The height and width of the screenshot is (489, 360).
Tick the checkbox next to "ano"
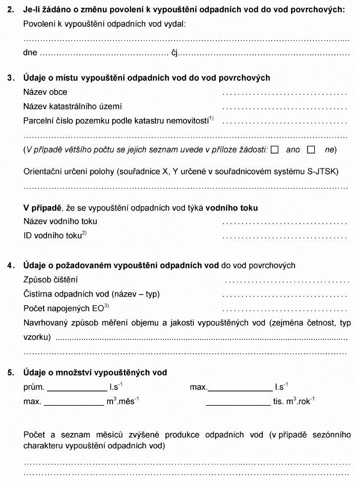coord(275,150)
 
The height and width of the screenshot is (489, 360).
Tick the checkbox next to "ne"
coord(311,150)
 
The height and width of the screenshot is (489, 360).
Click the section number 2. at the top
coord(10,10)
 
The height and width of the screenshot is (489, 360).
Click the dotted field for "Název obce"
coord(285,93)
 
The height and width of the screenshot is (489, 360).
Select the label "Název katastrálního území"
coord(72,107)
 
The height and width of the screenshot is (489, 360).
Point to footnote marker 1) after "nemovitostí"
coord(211,118)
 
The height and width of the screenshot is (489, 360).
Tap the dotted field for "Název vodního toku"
coord(285,222)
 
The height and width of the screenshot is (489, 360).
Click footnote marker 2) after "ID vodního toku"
coord(84,233)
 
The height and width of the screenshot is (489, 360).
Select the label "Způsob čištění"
coord(51,280)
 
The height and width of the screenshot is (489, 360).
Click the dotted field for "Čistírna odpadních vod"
coord(285,295)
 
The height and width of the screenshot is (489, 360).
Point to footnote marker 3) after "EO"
coord(106,306)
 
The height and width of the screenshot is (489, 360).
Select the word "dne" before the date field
coord(30,53)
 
